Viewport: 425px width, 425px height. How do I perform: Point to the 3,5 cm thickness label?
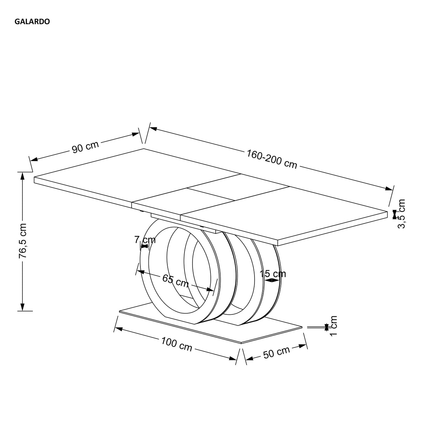[402, 214]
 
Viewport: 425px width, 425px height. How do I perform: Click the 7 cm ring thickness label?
[145, 240]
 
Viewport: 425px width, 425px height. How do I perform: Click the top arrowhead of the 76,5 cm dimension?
[22, 176]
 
